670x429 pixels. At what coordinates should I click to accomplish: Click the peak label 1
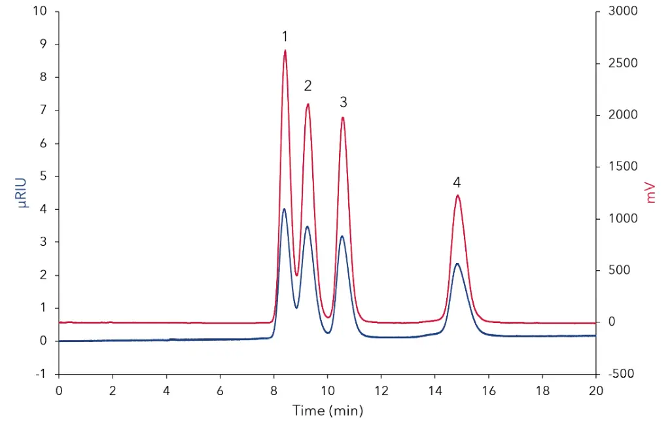pos(285,36)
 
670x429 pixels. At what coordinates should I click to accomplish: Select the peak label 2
pos(308,86)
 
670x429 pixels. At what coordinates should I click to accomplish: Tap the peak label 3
pos(343,102)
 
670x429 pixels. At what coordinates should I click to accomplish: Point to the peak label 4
pos(457,182)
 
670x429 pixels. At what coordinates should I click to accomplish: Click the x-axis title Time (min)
pos(327,411)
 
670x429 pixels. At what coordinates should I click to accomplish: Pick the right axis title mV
pos(650,192)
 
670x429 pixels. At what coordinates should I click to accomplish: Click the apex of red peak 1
pos(285,50)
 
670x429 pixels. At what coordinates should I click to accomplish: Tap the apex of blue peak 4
pos(457,264)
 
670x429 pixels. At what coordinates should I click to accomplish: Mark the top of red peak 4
pos(457,196)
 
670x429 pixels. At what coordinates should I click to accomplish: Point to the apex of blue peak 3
pos(342,236)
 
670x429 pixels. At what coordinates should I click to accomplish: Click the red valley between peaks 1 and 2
pos(296,275)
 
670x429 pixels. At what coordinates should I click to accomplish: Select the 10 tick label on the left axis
pos(41,12)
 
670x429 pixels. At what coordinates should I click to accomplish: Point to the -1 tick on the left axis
pos(42,374)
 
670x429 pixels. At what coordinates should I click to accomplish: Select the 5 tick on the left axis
pos(43,176)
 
